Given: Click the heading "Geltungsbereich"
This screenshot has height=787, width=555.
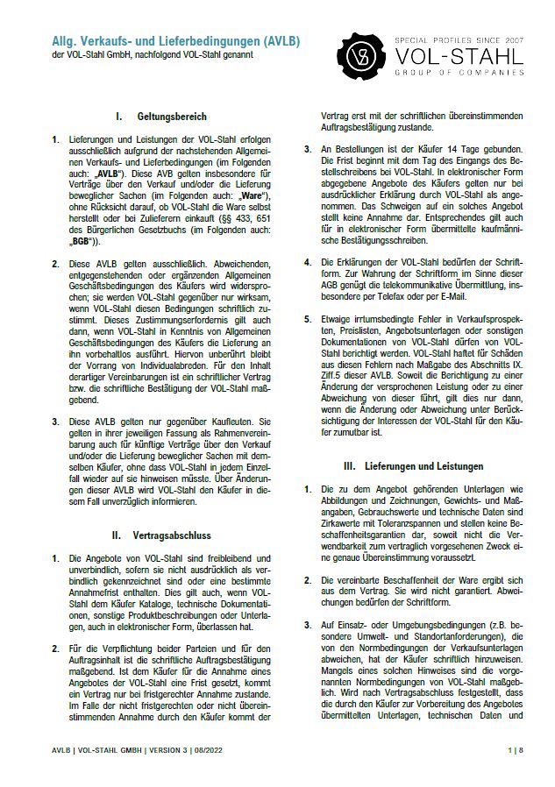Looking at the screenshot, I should click(172, 116).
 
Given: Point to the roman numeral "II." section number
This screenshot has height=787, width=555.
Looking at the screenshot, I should click(116, 534).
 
